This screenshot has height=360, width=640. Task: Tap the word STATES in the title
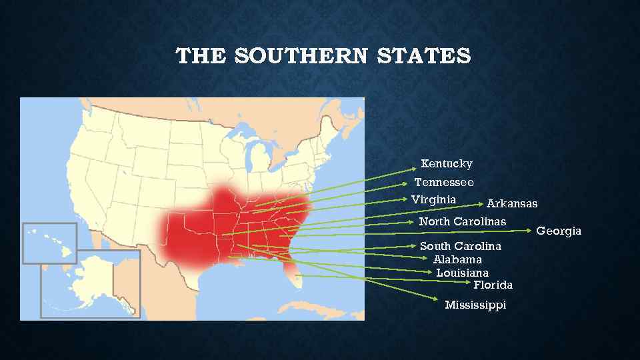423,56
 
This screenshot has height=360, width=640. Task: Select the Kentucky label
447,164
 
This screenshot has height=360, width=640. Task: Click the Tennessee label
444,182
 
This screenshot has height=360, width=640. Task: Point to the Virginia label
434,199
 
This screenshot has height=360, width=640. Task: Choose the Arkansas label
512,203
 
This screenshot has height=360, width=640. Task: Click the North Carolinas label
462,221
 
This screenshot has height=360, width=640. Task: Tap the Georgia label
559,231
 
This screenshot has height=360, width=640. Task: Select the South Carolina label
460,247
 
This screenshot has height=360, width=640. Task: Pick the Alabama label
457,259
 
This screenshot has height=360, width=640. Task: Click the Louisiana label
462,273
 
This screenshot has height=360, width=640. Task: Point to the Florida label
493,285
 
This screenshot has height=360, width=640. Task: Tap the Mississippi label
475,305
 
